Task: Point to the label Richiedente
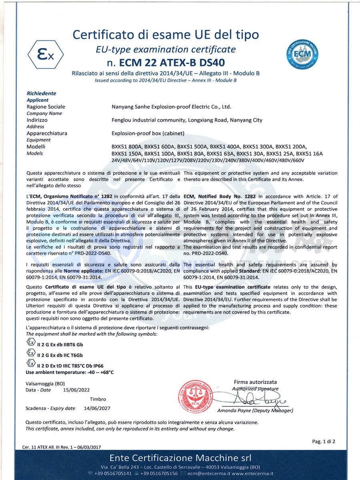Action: [41, 93]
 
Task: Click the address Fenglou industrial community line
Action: [187, 120]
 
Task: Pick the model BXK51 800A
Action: [126, 146]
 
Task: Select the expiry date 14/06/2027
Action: [97, 408]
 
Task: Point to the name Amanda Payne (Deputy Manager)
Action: [255, 411]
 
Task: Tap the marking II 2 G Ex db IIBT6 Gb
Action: [60, 344]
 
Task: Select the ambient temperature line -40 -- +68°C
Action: [70, 372]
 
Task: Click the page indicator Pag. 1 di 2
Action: [323, 442]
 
